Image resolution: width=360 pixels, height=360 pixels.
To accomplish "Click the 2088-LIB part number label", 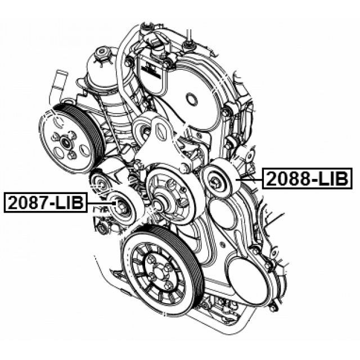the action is tap(308, 178).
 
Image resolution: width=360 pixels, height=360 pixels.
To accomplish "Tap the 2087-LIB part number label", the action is tap(46, 202).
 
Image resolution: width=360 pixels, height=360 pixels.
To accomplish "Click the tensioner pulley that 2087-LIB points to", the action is tap(123, 206).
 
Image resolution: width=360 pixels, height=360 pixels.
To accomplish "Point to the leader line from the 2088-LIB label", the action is tap(250, 179).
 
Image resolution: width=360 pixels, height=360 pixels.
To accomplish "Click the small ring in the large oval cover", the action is tap(191, 99).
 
